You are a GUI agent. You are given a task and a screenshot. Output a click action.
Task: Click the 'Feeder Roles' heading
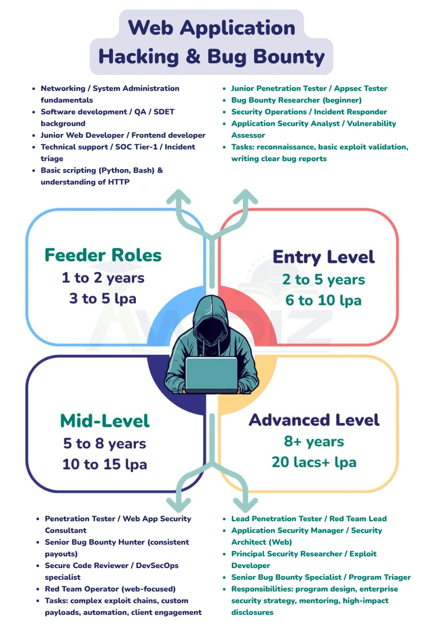(x=103, y=255)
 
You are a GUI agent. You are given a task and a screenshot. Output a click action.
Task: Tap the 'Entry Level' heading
(x=323, y=257)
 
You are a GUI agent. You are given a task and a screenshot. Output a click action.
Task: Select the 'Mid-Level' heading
(x=104, y=421)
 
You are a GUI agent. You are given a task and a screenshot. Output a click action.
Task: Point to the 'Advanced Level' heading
(x=314, y=420)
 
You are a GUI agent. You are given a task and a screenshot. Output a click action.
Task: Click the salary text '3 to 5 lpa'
(x=102, y=298)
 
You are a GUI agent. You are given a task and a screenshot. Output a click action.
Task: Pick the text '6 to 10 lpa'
(x=323, y=301)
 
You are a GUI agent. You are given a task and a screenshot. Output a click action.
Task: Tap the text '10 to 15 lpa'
(x=104, y=464)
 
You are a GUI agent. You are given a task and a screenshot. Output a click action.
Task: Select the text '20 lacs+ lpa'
(x=314, y=462)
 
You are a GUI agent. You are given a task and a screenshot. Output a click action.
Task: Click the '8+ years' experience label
(x=314, y=441)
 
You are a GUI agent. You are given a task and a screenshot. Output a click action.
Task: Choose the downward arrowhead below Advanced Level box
(x=245, y=502)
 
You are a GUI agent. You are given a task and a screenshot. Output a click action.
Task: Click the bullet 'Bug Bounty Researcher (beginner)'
(x=296, y=100)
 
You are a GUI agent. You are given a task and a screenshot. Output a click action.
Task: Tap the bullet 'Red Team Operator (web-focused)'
(x=110, y=589)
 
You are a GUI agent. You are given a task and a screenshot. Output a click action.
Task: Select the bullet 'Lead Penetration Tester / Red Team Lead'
(x=309, y=519)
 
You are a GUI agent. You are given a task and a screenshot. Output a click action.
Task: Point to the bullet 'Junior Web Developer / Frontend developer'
(x=123, y=135)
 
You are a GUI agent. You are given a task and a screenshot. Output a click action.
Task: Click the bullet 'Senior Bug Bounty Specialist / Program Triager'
(x=321, y=577)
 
